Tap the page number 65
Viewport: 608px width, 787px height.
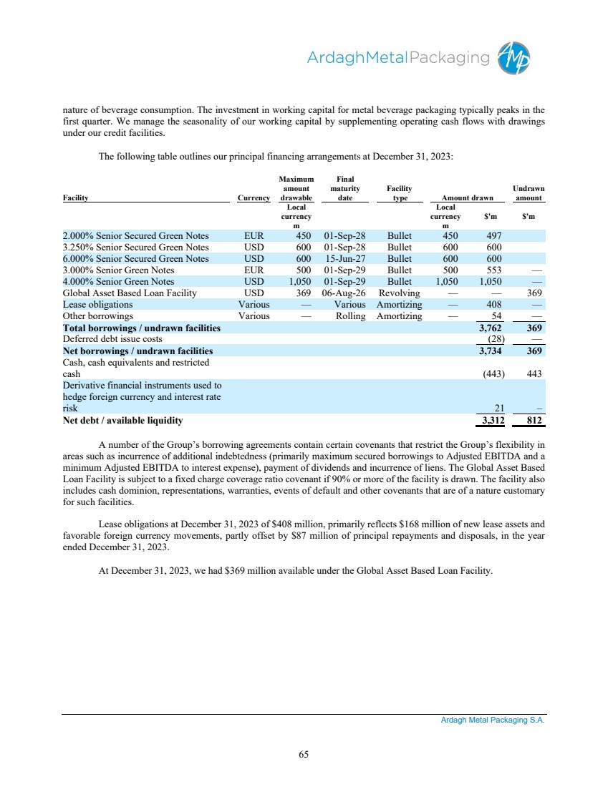tap(304, 753)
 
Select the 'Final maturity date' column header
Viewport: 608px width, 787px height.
tap(345, 189)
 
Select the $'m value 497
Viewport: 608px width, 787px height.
tap(493, 235)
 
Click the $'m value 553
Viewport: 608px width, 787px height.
tap(493, 270)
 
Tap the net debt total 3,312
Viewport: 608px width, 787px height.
tap(491, 421)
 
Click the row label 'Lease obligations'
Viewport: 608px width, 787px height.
tap(97, 304)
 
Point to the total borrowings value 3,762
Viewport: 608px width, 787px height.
tap(491, 328)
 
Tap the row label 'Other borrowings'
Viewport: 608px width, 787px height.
tap(98, 316)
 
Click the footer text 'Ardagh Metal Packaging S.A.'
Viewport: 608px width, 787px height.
tap(493, 721)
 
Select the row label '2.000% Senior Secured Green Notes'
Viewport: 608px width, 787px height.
tap(136, 235)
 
